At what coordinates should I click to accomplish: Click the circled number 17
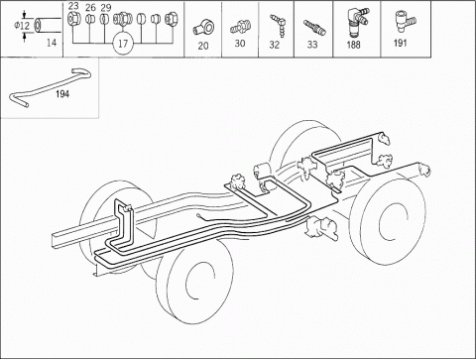(123, 44)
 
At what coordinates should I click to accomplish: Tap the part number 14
(52, 43)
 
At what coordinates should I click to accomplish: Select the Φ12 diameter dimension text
(22, 26)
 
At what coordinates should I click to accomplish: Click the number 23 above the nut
(73, 6)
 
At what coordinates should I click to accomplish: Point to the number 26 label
(90, 8)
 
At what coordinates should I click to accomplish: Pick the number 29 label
(106, 8)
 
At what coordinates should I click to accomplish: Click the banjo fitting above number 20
(203, 28)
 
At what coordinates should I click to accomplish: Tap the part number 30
(240, 44)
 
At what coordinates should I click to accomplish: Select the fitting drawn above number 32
(277, 26)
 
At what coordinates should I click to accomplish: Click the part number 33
(312, 44)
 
